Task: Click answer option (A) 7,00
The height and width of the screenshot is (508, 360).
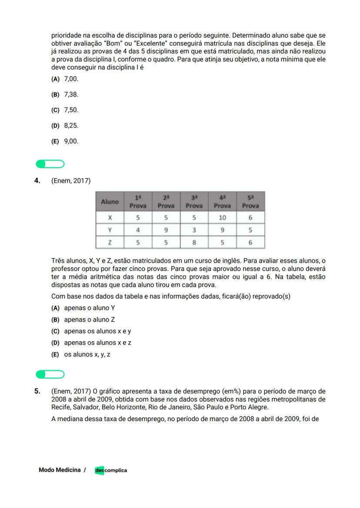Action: (x=65, y=79)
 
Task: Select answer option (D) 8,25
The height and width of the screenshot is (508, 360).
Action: (x=65, y=126)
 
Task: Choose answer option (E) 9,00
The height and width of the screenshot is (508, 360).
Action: (x=65, y=141)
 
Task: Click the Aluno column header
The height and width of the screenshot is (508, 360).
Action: (x=110, y=202)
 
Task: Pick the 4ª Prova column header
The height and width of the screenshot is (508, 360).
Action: (x=222, y=202)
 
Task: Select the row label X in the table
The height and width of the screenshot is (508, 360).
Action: (x=110, y=217)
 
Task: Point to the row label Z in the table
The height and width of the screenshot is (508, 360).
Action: (x=110, y=242)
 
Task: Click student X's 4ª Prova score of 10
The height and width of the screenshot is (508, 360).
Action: (x=222, y=217)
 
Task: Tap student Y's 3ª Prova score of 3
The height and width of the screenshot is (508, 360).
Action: (x=194, y=230)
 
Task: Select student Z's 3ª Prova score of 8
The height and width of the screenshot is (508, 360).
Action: (x=194, y=242)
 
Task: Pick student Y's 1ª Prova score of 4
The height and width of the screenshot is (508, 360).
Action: (x=138, y=230)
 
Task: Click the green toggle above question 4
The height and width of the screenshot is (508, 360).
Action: (x=50, y=164)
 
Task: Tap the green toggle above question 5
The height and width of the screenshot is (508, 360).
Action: (x=50, y=374)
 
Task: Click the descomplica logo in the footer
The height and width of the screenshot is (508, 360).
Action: (x=111, y=470)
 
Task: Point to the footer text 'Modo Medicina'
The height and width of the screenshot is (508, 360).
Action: (x=60, y=470)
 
